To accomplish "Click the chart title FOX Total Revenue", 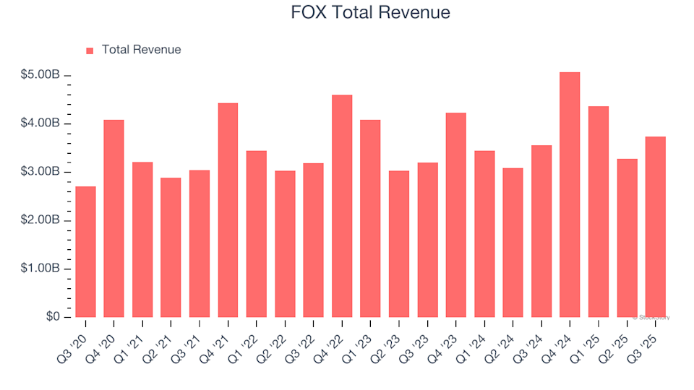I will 369,13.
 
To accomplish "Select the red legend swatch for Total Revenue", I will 90,51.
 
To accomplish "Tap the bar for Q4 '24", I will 570,195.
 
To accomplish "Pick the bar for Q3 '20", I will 85,252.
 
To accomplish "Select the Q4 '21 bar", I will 228,210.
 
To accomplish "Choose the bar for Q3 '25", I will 655,227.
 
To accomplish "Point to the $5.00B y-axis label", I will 40,75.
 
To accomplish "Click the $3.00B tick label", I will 40,172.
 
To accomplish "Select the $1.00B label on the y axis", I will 40,269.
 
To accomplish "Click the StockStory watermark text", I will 651,317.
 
